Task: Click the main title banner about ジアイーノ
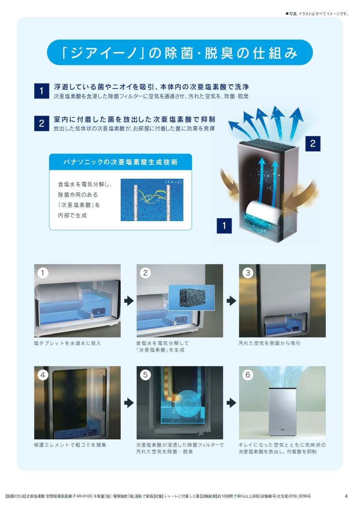(180, 52)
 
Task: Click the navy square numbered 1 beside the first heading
(42, 91)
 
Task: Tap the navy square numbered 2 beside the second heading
(42, 123)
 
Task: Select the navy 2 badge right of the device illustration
(313, 144)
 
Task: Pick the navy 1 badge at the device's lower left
(224, 226)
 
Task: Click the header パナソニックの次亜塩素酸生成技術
(120, 162)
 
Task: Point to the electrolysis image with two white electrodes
(152, 200)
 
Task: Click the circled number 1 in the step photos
(42, 273)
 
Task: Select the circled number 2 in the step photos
(145, 273)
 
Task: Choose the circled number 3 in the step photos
(248, 273)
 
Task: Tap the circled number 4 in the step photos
(42, 375)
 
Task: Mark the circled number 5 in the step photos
(145, 375)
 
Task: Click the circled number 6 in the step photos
(248, 375)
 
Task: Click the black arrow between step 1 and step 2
(129, 301)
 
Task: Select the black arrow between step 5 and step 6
(231, 403)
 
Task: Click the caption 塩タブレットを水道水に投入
(67, 343)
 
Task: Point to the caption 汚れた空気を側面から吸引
(269, 343)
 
